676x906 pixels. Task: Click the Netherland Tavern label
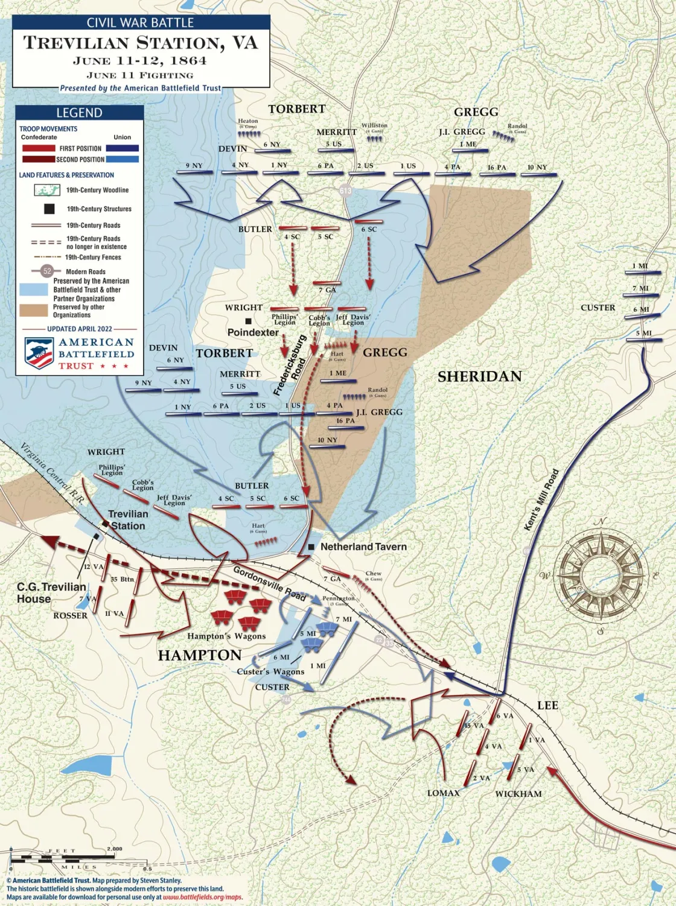point(363,546)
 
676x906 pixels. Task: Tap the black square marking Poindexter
point(248,321)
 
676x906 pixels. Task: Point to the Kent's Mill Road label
point(541,500)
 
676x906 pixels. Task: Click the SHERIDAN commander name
point(479,376)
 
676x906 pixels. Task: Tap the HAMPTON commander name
point(200,655)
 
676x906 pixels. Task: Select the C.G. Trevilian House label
point(51,592)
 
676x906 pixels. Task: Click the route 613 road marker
point(345,191)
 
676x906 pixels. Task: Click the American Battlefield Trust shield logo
point(39,353)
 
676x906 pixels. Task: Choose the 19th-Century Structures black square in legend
point(49,209)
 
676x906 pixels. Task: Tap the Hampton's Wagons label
point(226,636)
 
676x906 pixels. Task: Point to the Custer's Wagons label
point(270,671)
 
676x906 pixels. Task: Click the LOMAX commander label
point(443,793)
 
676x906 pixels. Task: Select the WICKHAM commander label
point(518,794)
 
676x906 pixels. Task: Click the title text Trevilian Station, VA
point(141,43)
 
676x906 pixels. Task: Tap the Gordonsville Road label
point(269,583)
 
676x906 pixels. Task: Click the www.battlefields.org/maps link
point(203,897)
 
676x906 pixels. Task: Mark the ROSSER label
point(70,615)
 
